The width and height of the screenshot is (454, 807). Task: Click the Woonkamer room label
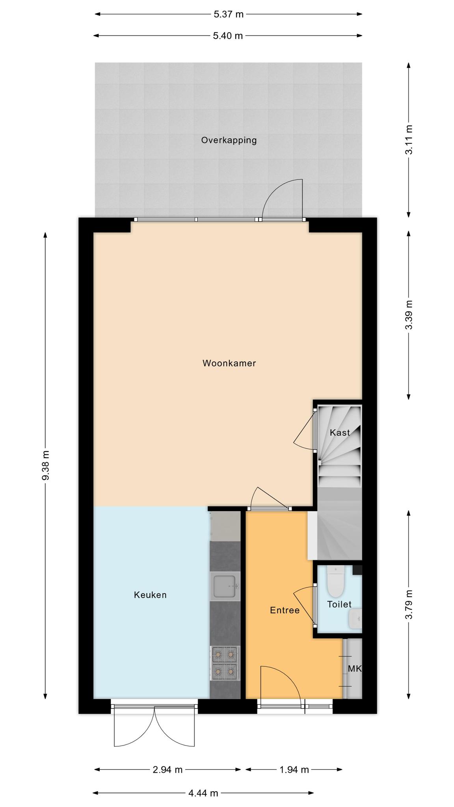[229, 363]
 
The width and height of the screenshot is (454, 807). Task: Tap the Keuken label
[150, 595]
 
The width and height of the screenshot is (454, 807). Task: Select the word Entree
[285, 610]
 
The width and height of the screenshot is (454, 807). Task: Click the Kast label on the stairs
[340, 433]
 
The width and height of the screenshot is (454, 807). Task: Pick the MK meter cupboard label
[355, 669]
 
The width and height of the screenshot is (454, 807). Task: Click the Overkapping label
[229, 140]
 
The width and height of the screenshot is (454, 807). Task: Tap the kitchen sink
[225, 586]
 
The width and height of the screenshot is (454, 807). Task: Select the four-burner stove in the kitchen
[225, 663]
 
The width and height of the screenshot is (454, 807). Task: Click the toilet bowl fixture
[336, 581]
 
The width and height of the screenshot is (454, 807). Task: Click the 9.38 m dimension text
[46, 465]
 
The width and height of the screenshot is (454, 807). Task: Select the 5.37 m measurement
[229, 15]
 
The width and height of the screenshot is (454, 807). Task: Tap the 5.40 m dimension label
[228, 36]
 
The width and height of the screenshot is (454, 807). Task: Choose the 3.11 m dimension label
[409, 140]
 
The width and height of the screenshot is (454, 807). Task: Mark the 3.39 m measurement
[409, 315]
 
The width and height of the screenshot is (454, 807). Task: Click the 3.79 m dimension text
[409, 604]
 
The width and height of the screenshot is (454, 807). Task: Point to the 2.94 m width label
[167, 770]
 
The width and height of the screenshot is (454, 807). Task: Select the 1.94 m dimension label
[294, 770]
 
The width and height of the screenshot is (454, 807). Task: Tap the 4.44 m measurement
[203, 793]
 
